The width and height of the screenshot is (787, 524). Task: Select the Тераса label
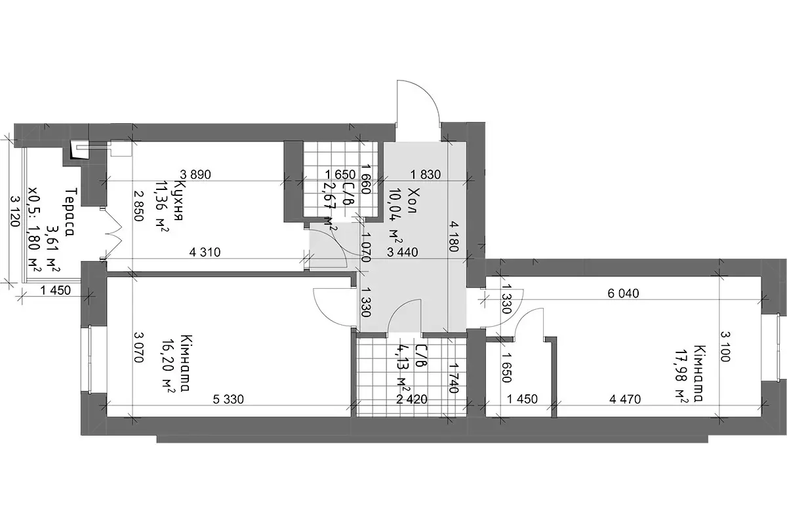click(x=71, y=212)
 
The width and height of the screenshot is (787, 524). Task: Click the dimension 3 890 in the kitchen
click(x=195, y=174)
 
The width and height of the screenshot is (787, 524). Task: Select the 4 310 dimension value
click(x=205, y=252)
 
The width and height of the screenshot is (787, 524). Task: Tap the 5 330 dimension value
click(x=228, y=399)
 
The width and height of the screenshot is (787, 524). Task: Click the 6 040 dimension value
click(x=623, y=293)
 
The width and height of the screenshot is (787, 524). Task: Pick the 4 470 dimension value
click(x=625, y=399)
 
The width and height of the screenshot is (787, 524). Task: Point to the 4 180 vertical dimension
click(x=453, y=236)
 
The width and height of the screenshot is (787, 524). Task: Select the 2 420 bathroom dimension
click(x=412, y=399)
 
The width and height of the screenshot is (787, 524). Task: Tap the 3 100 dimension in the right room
click(x=725, y=346)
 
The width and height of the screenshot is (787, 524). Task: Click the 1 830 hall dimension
click(x=426, y=174)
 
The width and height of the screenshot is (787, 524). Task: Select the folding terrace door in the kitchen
click(x=113, y=234)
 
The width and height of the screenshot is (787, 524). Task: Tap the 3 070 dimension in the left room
click(x=138, y=347)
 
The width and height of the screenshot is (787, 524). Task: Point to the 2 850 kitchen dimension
click(x=138, y=206)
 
